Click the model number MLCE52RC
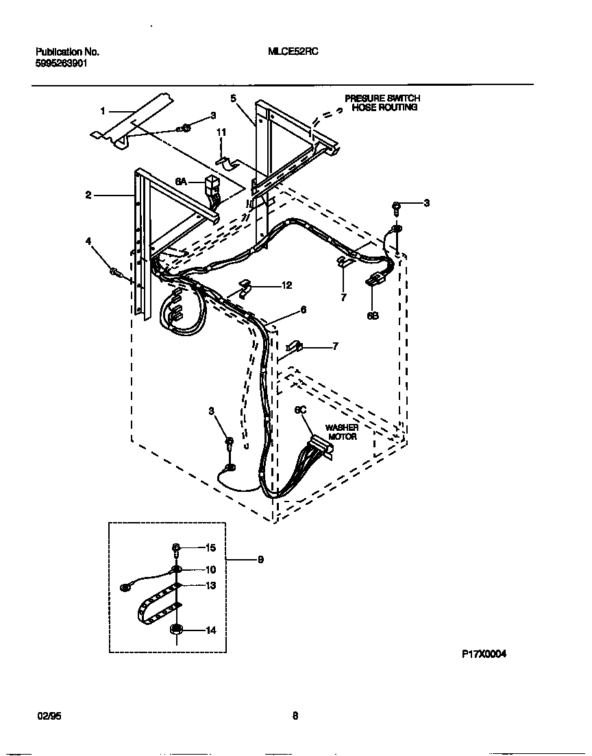[x=294, y=51]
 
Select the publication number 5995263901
[x=61, y=62]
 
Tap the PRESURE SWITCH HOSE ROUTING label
[x=382, y=103]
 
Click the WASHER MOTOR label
[x=342, y=432]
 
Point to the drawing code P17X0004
[x=484, y=655]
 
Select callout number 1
[x=103, y=110]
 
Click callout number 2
[x=88, y=196]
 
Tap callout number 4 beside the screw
[x=88, y=241]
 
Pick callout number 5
[x=233, y=99]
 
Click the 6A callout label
[x=181, y=181]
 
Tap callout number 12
[x=268, y=285]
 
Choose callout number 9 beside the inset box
[x=260, y=560]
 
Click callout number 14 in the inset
[x=211, y=630]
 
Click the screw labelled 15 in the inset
[x=176, y=547]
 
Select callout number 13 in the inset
[x=211, y=585]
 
